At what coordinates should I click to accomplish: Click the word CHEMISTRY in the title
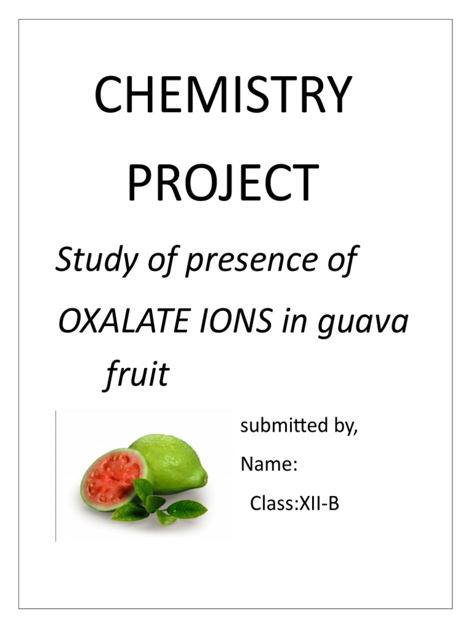[x=223, y=95]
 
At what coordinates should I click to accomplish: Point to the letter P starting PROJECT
[x=139, y=183]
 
